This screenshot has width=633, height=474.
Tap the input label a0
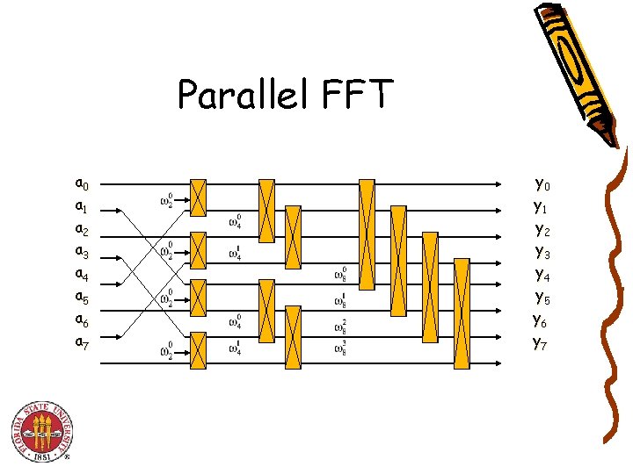[x=81, y=184]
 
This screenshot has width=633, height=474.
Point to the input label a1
[x=81, y=207]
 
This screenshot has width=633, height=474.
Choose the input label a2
[x=81, y=230]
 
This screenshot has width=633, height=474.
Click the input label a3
[x=81, y=253]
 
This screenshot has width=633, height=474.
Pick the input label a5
[x=81, y=298]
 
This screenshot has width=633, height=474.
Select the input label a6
[x=81, y=321]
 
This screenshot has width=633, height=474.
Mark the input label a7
[x=81, y=343]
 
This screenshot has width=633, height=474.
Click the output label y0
[x=542, y=185]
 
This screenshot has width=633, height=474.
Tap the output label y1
[x=541, y=208]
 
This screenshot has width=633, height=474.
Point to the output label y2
[x=542, y=231]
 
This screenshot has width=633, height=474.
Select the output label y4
[x=542, y=276]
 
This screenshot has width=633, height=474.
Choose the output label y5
[x=542, y=299]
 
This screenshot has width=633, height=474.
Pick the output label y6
[x=541, y=321]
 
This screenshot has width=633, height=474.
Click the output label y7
[x=541, y=343]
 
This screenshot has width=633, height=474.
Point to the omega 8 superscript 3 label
[x=339, y=349]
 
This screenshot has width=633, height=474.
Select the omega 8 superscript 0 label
[x=339, y=275]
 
